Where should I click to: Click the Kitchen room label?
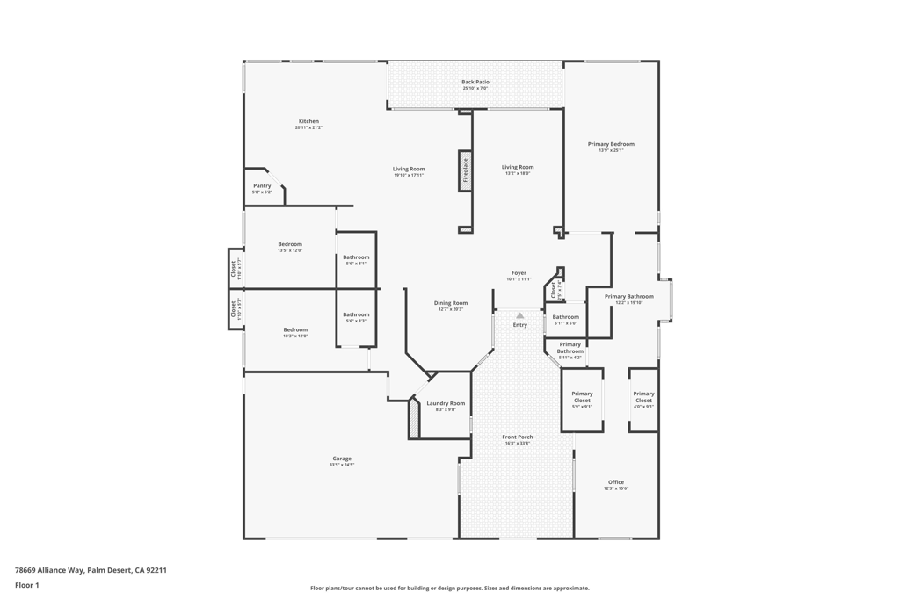[308, 121]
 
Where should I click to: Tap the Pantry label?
[262, 185]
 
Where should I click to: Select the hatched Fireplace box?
[465, 170]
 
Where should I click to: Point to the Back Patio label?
[475, 83]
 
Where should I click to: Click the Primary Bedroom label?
[611, 144]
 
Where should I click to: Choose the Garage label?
[342, 459]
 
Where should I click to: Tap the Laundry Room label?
[446, 403]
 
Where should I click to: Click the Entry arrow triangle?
[520, 315]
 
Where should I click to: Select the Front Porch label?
[518, 437]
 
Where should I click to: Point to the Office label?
[616, 482]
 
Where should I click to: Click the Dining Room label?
[451, 303]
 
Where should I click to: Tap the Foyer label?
[519, 273]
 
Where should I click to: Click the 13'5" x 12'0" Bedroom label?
[290, 244]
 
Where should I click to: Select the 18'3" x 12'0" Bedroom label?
[295, 329]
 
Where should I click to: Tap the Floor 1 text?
[27, 585]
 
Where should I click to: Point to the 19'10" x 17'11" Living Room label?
[409, 169]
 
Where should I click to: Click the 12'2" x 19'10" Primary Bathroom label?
[629, 297]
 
